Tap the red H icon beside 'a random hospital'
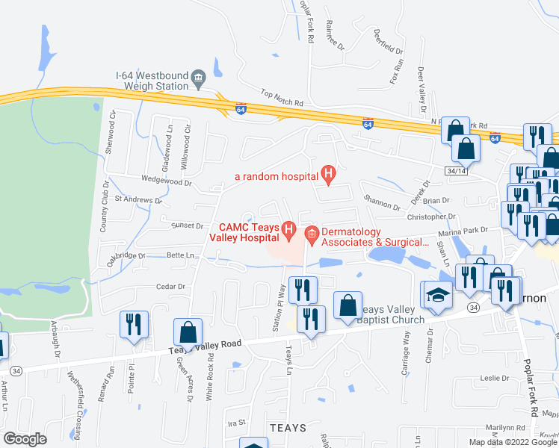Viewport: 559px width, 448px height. coord(327,176)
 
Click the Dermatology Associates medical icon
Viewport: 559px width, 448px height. coord(312,235)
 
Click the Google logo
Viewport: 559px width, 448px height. coord(25,439)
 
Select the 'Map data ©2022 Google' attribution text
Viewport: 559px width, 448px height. coord(513,442)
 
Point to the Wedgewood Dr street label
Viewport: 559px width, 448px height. coord(166,182)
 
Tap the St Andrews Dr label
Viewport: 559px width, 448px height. coord(138,200)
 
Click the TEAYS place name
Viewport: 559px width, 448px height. coord(287,428)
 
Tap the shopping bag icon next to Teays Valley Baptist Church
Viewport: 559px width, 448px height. coord(348,305)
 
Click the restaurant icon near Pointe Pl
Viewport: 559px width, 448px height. coord(135,325)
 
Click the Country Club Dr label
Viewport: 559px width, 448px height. coord(105,204)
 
